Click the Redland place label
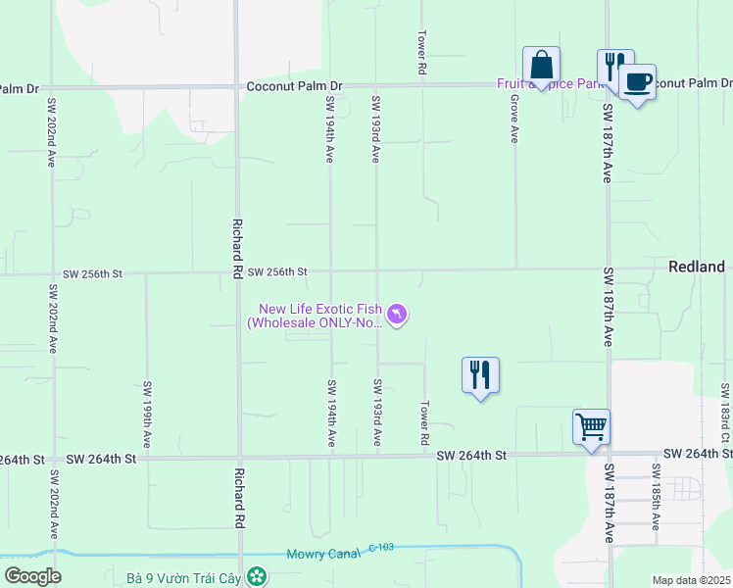click(696, 267)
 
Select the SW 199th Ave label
click(147, 404)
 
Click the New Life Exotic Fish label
click(317, 315)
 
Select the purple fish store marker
click(397, 314)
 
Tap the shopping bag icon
click(541, 66)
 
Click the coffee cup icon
click(637, 81)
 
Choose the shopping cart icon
click(591, 426)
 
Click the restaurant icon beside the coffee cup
click(614, 67)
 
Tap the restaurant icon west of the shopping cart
click(480, 374)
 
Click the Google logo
click(32, 576)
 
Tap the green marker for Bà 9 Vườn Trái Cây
click(257, 576)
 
